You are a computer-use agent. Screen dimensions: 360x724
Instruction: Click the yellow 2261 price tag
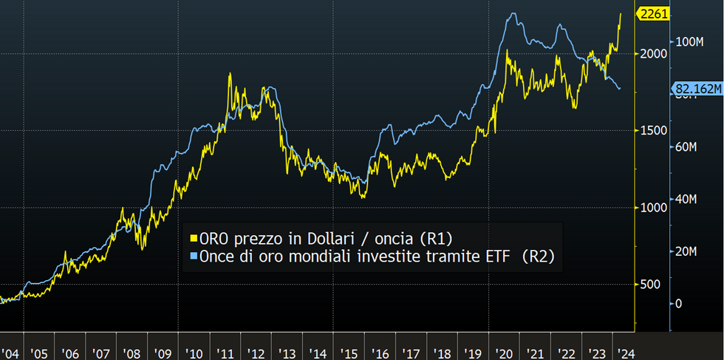click(655, 13)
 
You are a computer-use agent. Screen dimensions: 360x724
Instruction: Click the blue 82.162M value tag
click(697, 89)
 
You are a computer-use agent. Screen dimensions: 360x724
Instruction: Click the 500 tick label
click(650, 285)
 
